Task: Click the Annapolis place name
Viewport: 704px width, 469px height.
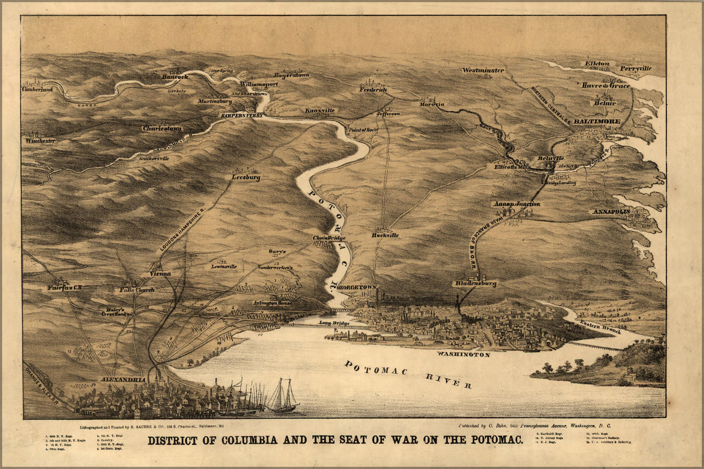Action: point(611,212)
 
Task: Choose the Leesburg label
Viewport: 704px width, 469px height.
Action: point(246,178)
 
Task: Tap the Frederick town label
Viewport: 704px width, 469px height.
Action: point(373,89)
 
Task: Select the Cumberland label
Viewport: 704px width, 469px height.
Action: point(37,89)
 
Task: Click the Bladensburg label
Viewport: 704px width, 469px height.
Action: point(475,283)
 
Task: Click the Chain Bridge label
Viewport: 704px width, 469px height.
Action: point(329,238)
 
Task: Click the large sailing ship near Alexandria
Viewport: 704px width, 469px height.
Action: point(282,396)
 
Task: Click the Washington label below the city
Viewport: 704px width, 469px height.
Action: point(463,355)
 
